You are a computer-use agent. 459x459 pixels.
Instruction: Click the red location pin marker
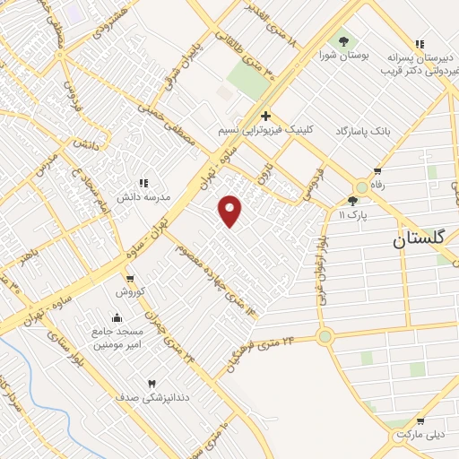230,209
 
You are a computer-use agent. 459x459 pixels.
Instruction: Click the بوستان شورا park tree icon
342,40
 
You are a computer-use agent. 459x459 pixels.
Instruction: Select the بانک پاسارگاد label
364,131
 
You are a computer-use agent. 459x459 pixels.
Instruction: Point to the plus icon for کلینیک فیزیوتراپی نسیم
265,116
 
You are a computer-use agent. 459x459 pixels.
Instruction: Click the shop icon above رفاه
377,171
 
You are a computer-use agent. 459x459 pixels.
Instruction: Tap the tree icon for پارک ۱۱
352,201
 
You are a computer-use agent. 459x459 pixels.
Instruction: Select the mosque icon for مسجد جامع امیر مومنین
117,317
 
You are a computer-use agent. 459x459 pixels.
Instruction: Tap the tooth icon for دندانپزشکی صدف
151,383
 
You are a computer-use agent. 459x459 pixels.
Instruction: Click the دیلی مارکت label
420,435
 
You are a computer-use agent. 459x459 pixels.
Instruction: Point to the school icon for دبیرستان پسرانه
419,44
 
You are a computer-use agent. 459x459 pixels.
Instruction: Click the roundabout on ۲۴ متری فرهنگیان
325,338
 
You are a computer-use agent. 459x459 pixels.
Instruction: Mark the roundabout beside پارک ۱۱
361,187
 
